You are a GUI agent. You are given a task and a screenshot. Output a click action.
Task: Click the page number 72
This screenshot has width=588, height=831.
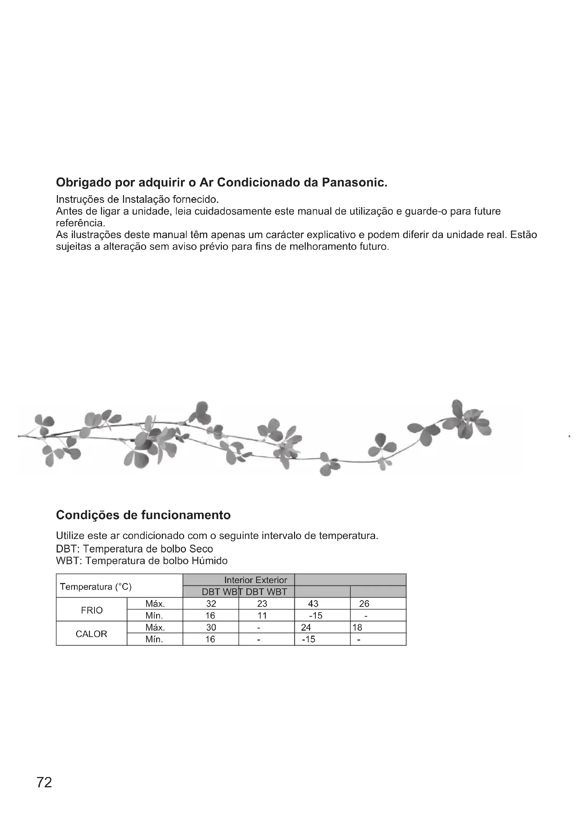[44, 782]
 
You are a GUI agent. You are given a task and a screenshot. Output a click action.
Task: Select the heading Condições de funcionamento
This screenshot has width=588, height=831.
[143, 515]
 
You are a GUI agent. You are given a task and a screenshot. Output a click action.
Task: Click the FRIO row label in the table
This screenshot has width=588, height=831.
[92, 610]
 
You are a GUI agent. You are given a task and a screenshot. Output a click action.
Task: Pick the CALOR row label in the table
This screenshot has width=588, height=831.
[91, 634]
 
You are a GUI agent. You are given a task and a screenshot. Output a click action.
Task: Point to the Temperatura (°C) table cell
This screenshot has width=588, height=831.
[96, 587]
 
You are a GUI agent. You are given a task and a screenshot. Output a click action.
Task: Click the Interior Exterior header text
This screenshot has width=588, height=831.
[255, 580]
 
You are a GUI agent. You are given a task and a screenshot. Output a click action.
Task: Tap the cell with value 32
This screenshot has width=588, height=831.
[211, 604]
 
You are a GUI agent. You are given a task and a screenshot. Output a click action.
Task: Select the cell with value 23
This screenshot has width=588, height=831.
[262, 604]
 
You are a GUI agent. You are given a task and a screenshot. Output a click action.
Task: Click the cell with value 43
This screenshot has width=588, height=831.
[313, 604]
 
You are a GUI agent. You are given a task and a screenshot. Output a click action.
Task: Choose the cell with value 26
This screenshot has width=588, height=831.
[364, 604]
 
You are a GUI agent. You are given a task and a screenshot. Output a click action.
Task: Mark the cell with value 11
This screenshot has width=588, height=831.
[262, 616]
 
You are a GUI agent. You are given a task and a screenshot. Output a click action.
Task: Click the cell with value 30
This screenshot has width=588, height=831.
[211, 627]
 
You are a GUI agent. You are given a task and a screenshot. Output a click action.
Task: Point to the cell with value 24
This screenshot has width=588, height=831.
[306, 627]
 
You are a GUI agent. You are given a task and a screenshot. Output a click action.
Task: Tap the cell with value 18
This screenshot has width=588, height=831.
[357, 627]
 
